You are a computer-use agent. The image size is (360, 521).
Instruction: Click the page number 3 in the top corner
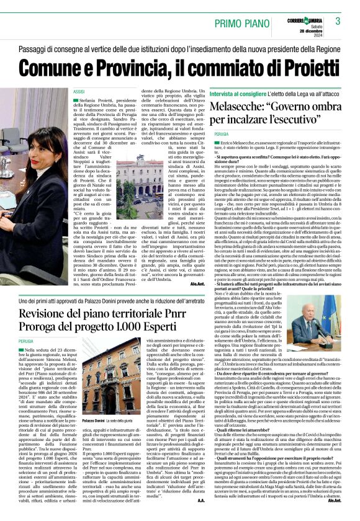click(x=338, y=21)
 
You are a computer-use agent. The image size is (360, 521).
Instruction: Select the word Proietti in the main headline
click(x=303, y=65)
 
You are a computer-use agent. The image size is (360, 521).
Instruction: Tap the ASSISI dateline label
click(x=78, y=91)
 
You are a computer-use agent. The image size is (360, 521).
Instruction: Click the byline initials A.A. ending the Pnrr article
click(x=200, y=515)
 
